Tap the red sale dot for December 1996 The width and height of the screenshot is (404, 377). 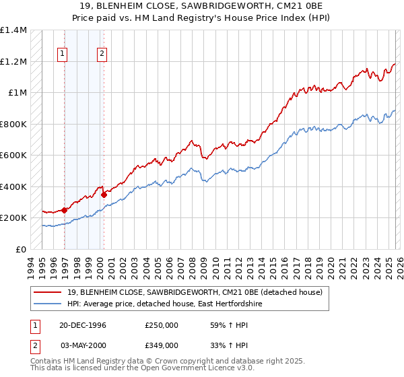[65, 210]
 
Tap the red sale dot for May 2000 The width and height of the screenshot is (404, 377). [104, 195]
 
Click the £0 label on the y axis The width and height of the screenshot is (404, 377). [20, 249]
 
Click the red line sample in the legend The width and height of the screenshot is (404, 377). [48, 292]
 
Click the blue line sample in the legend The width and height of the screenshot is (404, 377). [48, 304]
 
